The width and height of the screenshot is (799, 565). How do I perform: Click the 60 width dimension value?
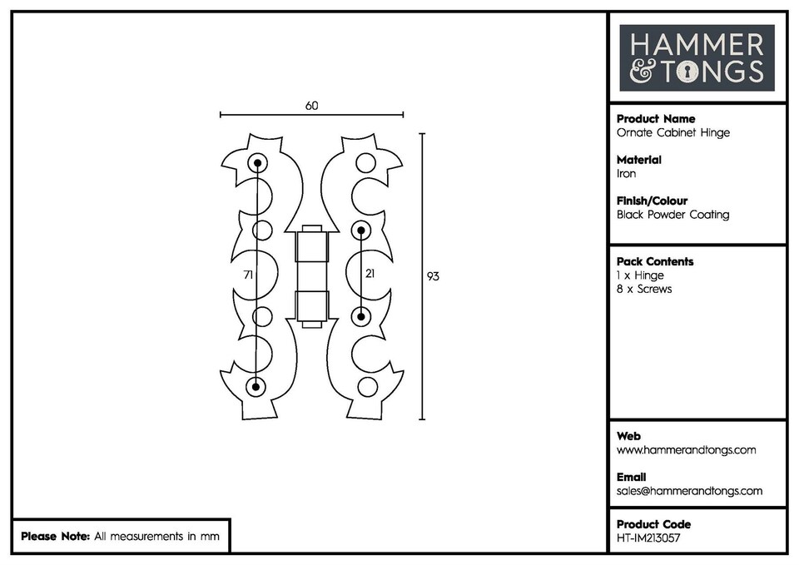click(x=311, y=106)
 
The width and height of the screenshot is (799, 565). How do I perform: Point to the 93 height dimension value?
click(x=433, y=275)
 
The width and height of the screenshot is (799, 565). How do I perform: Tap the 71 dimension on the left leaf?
click(x=248, y=274)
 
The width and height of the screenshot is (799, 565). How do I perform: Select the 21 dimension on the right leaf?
click(x=370, y=274)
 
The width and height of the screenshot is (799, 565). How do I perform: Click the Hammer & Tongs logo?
click(x=697, y=57)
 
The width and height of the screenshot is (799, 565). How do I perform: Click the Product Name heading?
click(x=655, y=119)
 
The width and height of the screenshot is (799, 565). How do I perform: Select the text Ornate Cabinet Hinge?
click(x=672, y=133)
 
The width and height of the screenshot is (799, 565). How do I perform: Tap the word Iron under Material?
click(x=626, y=174)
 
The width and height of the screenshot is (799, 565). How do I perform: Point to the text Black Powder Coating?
click(x=672, y=215)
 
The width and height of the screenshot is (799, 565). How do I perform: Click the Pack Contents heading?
click(x=654, y=261)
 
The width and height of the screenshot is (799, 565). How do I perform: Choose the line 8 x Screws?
click(x=644, y=289)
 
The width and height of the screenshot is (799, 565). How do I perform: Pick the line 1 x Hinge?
click(x=640, y=275)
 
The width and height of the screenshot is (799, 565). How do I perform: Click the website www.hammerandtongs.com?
click(x=686, y=450)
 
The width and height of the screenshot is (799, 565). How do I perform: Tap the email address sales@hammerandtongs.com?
click(x=689, y=491)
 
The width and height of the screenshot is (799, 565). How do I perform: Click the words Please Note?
click(x=55, y=537)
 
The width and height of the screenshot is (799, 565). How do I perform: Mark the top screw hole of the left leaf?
click(x=257, y=163)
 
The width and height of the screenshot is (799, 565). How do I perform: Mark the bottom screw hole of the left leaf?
click(x=256, y=386)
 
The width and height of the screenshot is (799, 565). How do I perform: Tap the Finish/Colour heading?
click(x=652, y=201)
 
